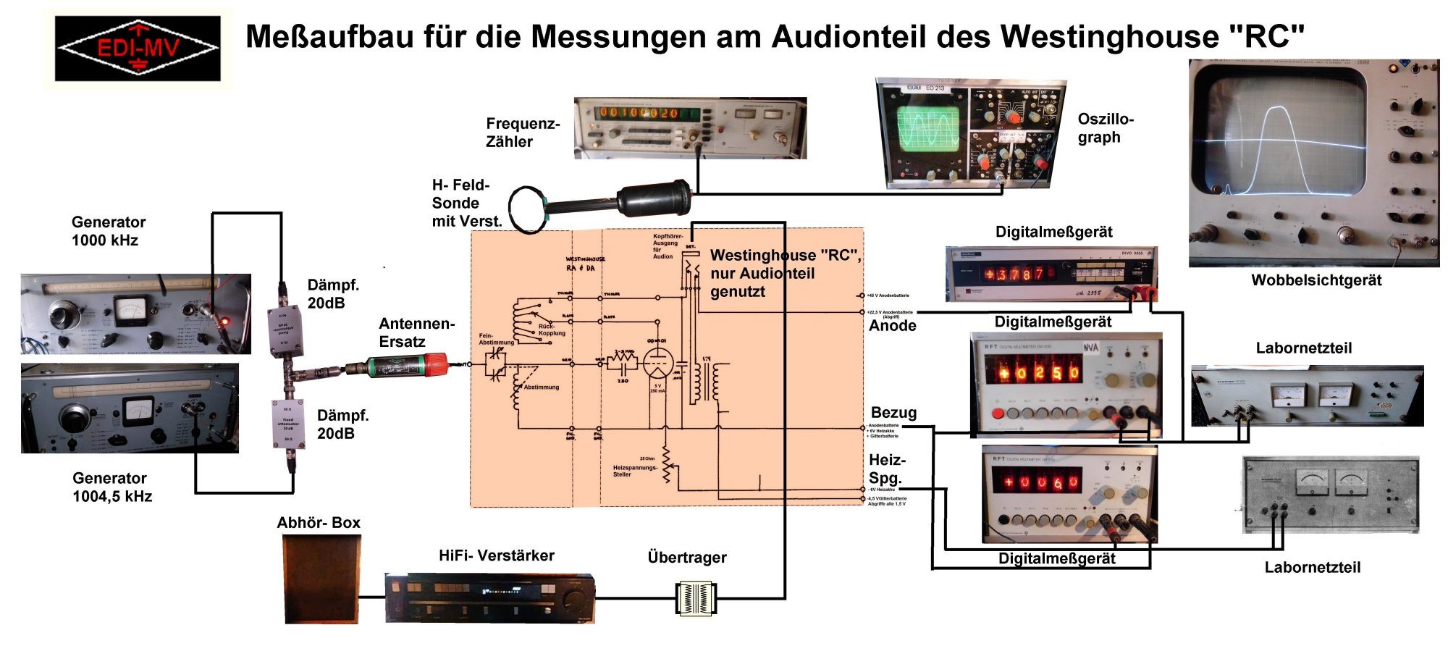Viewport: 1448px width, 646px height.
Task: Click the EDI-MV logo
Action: click(x=138, y=49)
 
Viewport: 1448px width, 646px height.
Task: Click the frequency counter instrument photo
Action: click(x=690, y=128)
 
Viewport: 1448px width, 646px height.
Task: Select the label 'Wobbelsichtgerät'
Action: click(x=1316, y=280)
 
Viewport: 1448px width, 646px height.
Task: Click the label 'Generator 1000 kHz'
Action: click(x=108, y=231)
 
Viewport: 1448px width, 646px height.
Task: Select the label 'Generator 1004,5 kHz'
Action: click(x=112, y=487)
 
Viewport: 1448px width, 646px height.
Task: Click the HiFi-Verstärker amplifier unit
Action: click(x=489, y=598)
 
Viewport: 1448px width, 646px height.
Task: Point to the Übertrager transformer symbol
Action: click(x=695, y=598)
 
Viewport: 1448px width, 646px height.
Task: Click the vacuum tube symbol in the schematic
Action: click(x=657, y=363)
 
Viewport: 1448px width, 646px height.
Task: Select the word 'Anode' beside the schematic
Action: click(x=892, y=326)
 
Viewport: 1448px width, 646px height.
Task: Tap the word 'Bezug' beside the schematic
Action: click(x=893, y=413)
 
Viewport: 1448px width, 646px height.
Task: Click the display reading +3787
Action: click(x=1013, y=274)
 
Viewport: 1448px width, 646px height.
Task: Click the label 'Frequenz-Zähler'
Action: click(x=522, y=133)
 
